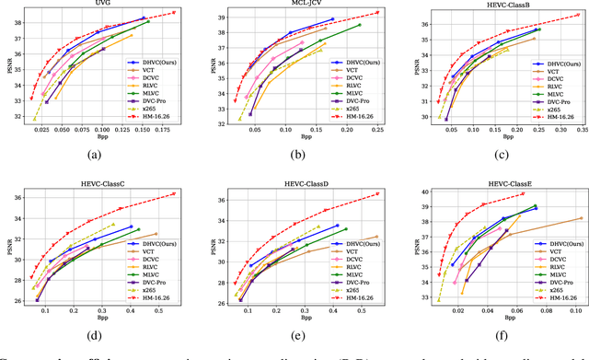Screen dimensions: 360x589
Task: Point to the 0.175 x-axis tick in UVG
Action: (164, 132)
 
